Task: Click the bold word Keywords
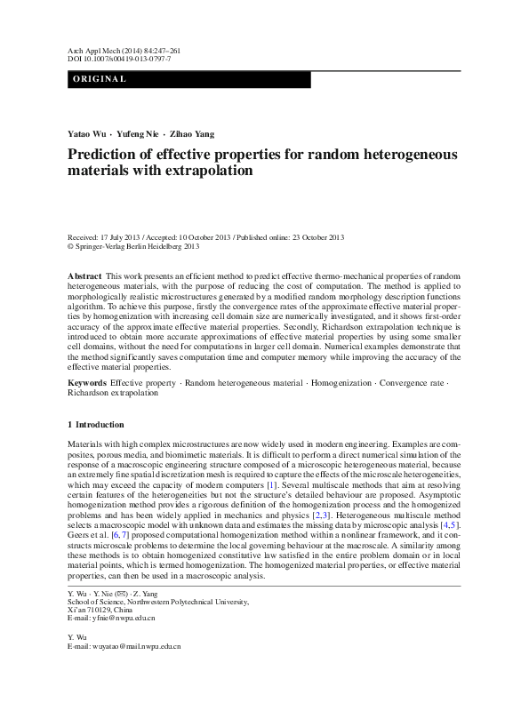click(87, 382)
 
